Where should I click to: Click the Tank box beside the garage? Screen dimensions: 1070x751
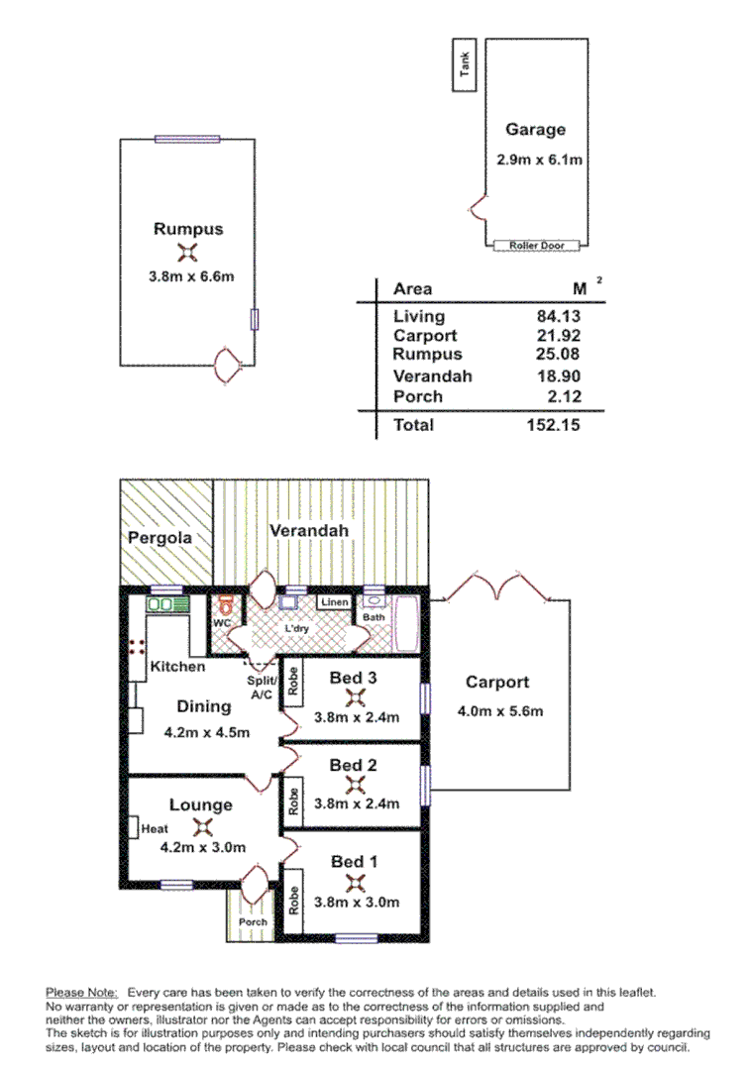(464, 66)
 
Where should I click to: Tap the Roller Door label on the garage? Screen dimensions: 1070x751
(536, 245)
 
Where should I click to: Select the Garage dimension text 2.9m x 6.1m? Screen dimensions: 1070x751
(539, 159)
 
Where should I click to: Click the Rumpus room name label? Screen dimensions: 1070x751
(188, 229)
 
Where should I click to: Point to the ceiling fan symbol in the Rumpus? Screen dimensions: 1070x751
(187, 253)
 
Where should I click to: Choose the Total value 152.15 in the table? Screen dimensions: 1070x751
(552, 425)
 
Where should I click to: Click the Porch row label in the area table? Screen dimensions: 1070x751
(417, 397)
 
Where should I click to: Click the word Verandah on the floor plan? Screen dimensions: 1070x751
(309, 531)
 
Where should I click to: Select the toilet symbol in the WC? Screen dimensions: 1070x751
(227, 605)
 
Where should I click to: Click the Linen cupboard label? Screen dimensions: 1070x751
(334, 602)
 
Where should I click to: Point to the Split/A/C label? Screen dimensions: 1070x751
(262, 689)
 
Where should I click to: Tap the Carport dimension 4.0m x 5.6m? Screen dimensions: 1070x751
(500, 710)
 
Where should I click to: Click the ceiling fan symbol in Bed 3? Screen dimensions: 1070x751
(353, 697)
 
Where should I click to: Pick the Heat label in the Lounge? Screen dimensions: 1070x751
(154, 828)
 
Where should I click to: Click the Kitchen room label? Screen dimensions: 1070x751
(177, 667)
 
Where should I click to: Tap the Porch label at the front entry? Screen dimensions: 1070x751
(254, 921)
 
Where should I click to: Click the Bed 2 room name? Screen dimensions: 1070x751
(354, 765)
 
